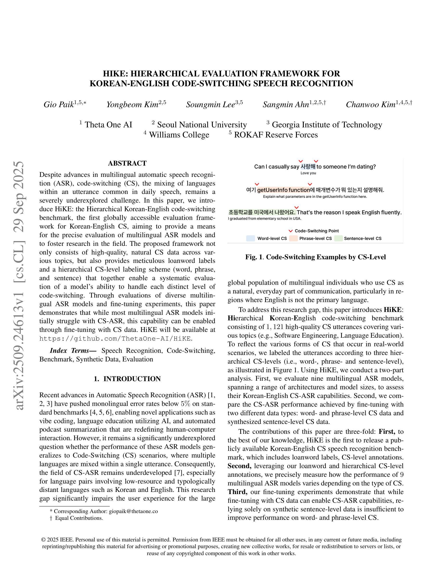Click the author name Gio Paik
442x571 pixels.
(59, 105)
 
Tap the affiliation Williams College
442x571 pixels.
(179, 135)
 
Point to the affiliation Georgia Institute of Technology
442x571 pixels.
(327, 125)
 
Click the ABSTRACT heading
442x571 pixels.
(127, 163)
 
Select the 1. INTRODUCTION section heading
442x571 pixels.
(127, 379)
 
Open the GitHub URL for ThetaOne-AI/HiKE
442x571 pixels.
(115, 339)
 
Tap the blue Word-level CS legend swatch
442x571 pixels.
(250, 238)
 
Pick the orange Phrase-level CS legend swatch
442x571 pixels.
(293, 238)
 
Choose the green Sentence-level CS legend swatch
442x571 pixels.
(338, 238)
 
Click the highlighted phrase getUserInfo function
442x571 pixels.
(283, 190)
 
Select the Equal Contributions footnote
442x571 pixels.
(79, 518)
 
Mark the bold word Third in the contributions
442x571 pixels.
(237, 492)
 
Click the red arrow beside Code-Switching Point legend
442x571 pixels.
(290, 231)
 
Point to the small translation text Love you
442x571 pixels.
(308, 173)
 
